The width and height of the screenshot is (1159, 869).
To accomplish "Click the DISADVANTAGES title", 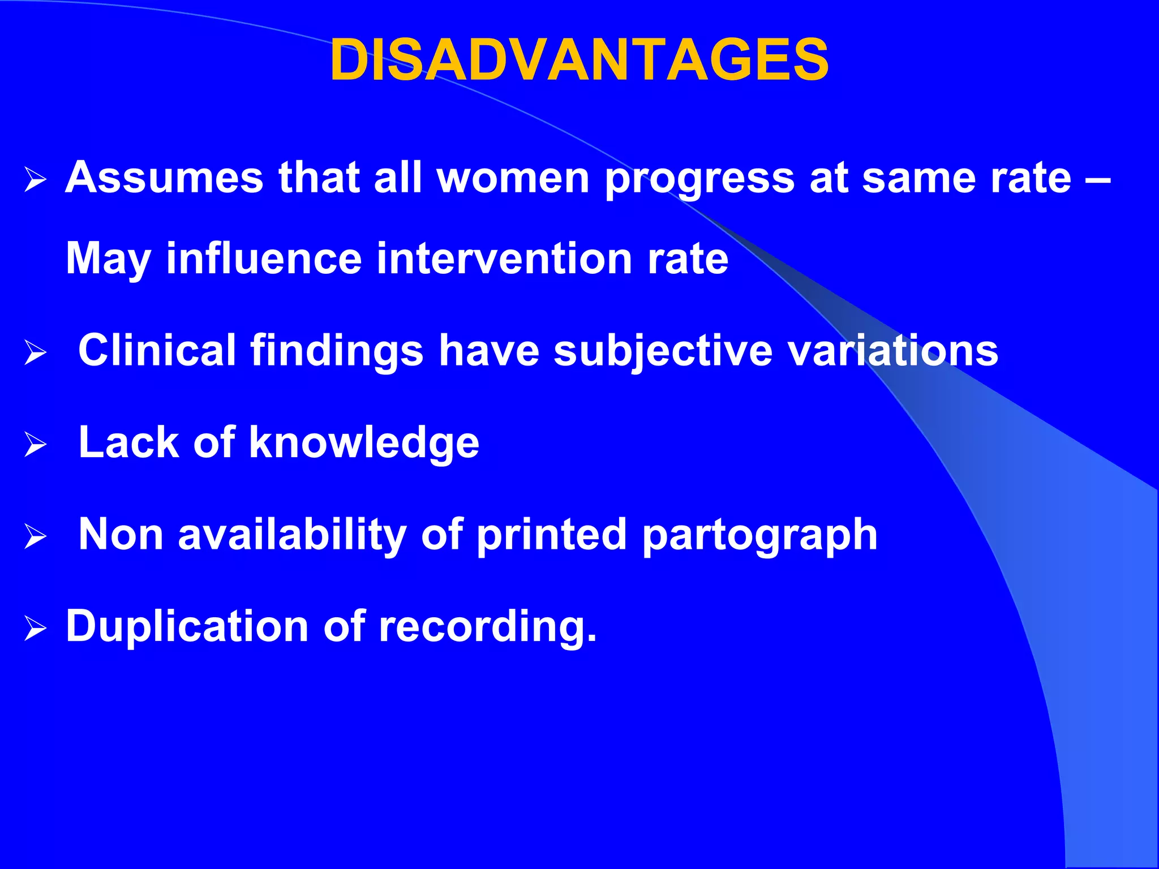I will pyautogui.click(x=579, y=60).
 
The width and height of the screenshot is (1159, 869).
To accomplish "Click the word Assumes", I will pyautogui.click(x=164, y=178).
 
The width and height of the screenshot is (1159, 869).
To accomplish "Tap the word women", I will pyautogui.click(x=513, y=178).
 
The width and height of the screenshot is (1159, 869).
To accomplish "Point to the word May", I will pyautogui.click(x=108, y=259).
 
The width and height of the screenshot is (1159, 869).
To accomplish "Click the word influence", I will pyautogui.click(x=264, y=258).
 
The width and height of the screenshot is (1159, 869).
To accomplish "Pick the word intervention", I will pyautogui.click(x=504, y=258).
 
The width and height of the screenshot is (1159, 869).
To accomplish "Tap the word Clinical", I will pyautogui.click(x=157, y=350).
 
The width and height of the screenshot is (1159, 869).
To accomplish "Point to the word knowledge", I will pyautogui.click(x=364, y=443).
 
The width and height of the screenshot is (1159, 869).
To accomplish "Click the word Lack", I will pyautogui.click(x=128, y=442).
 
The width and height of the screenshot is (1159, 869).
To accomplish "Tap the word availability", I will pyautogui.click(x=292, y=535).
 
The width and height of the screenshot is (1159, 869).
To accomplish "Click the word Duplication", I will pyautogui.click(x=187, y=626).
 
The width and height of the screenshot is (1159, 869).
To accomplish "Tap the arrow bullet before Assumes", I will pyautogui.click(x=35, y=181).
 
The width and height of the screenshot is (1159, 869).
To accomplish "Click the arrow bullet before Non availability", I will pyautogui.click(x=35, y=536).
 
